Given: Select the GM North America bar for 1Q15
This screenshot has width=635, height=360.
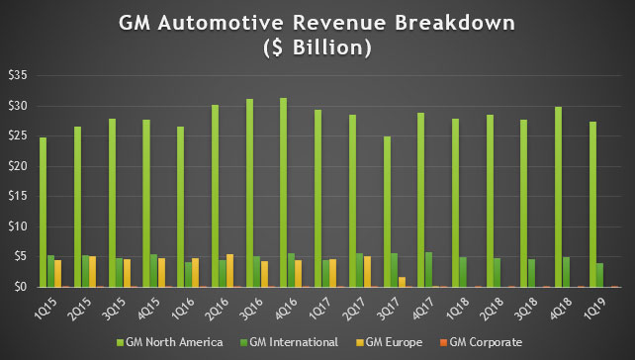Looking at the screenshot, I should [44, 213].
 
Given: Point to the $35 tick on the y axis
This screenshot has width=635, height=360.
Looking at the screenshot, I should [18, 75].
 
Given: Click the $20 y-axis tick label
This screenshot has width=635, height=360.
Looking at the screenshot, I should [18, 166].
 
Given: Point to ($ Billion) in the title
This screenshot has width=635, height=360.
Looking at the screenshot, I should [317, 46].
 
